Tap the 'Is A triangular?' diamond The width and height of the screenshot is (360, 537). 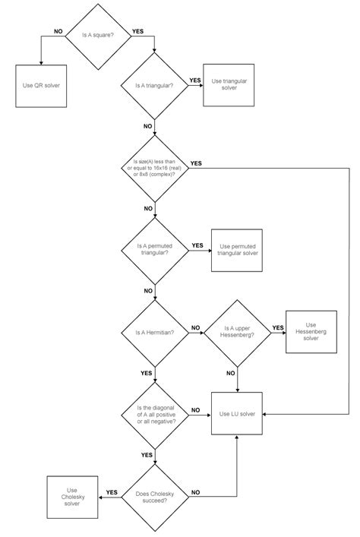point(155,85)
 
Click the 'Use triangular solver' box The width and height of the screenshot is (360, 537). point(226,84)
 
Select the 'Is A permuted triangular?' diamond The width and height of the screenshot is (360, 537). point(155,250)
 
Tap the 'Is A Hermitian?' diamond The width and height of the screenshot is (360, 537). point(155,333)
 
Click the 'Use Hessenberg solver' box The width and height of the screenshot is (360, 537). point(310,333)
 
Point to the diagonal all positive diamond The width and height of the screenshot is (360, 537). point(155,414)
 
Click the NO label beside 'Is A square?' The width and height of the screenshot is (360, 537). point(58,31)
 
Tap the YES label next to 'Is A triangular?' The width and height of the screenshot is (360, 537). point(194,80)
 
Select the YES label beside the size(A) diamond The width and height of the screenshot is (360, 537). point(196,163)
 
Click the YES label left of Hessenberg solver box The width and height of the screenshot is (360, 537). point(277,328)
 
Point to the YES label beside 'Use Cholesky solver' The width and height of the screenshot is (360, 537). point(111,491)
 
